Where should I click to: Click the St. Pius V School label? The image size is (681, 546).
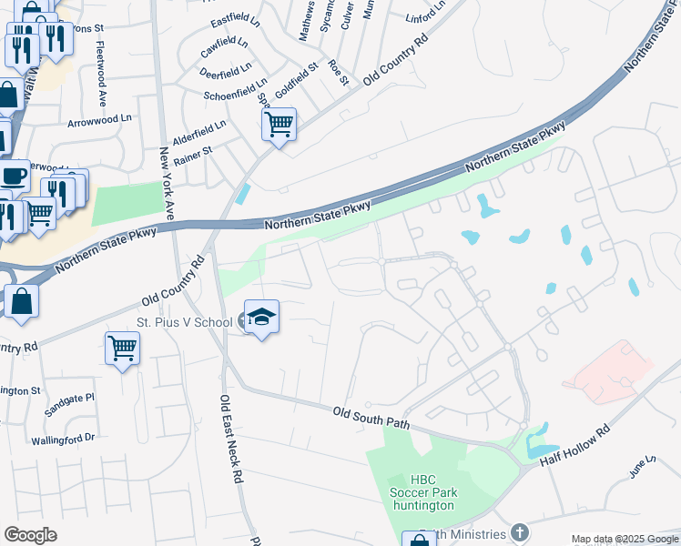point(186,321)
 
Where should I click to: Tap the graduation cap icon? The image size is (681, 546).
point(261,317)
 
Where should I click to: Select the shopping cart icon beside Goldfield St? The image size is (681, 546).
point(279,123)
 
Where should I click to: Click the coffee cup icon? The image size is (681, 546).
point(13,175)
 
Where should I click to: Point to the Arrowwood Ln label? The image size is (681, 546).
point(99,119)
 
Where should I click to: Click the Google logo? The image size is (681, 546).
point(31,535)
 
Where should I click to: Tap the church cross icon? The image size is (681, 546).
point(519,531)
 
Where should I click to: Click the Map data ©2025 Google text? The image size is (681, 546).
point(624,539)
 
